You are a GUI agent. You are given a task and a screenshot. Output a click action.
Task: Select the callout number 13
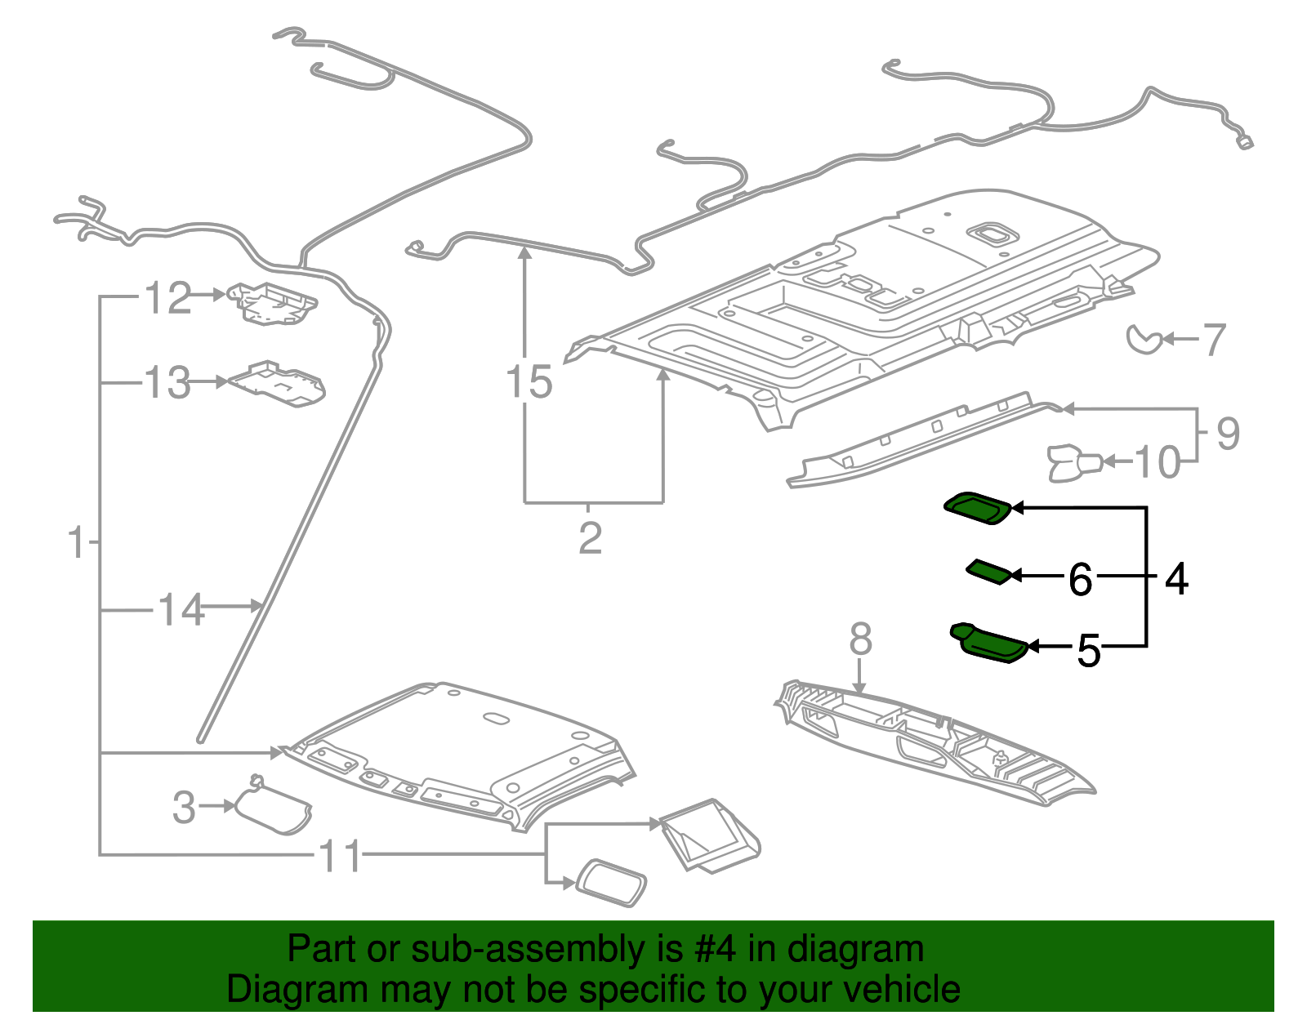tap(167, 383)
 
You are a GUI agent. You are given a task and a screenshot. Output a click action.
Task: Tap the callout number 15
tap(529, 382)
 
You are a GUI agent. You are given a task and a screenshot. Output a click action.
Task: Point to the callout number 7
tap(1215, 340)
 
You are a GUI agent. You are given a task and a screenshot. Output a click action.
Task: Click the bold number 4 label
tap(1175, 579)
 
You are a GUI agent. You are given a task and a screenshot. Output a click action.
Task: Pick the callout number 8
tap(860, 639)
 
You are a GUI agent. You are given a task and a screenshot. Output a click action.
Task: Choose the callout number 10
tap(1158, 463)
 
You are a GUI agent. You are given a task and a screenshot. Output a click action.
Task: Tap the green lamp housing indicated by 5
tap(988, 643)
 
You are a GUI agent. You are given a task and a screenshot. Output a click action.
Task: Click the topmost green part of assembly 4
tap(979, 507)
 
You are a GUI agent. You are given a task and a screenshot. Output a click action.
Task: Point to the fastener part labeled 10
tap(1073, 462)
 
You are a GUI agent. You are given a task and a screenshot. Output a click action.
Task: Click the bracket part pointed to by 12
tap(271, 303)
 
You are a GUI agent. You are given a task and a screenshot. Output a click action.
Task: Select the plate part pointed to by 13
tap(278, 383)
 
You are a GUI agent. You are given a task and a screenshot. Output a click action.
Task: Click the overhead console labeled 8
tap(931, 739)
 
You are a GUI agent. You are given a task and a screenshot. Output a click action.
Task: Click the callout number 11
tap(340, 856)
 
